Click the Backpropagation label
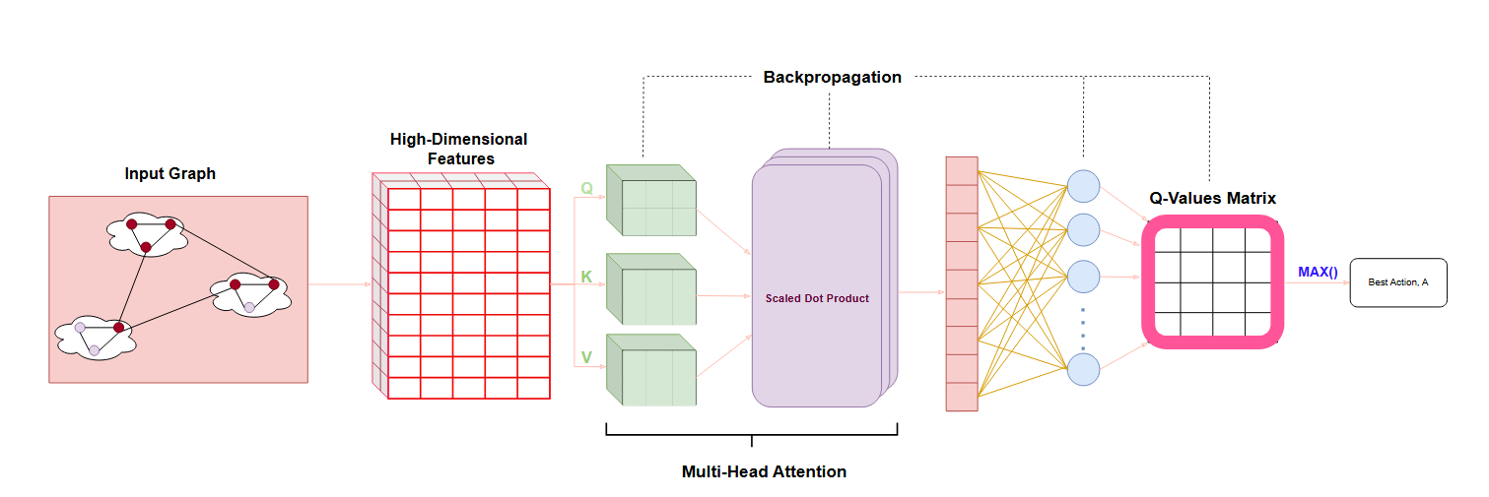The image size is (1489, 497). click(x=832, y=77)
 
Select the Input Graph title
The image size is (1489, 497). click(x=169, y=174)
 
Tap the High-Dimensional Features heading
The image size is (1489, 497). click(x=459, y=149)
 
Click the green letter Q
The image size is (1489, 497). click(x=586, y=188)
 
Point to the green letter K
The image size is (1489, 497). click(x=586, y=277)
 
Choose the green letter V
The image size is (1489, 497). click(x=586, y=357)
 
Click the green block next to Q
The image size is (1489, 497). click(x=651, y=202)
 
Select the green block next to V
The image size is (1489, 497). click(x=651, y=371)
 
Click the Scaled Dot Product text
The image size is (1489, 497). click(x=817, y=298)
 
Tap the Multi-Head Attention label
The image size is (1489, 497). click(x=764, y=471)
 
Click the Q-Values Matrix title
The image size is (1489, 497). click(x=1212, y=198)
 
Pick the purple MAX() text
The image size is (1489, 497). click(x=1318, y=272)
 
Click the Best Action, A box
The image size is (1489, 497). click(x=1397, y=282)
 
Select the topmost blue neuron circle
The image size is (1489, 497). click(x=1083, y=185)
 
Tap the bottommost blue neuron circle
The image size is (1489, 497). click(x=1083, y=370)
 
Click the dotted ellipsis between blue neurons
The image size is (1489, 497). click(x=1083, y=328)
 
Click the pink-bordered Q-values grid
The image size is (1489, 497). click(x=1213, y=281)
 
